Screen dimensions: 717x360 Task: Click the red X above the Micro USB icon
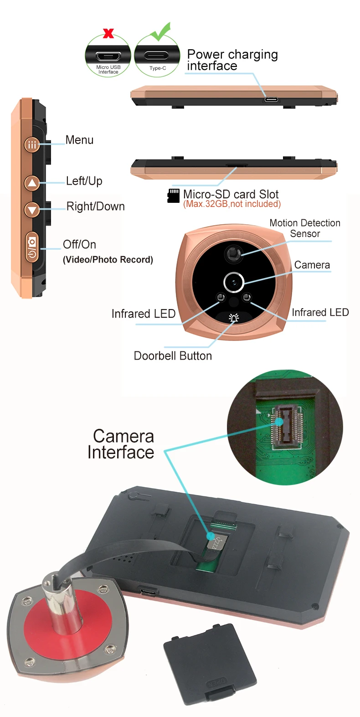coord(108,33)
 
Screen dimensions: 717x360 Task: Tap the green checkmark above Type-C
coord(161,32)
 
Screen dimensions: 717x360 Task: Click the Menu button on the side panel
coord(32,145)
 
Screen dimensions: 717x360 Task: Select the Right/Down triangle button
coord(32,210)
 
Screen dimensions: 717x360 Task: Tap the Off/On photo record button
coord(32,248)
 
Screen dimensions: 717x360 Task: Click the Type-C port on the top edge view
coord(272,99)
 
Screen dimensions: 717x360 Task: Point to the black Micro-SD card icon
coord(174,196)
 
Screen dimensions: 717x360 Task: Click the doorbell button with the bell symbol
coord(234,318)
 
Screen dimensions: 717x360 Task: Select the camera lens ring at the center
coord(234,282)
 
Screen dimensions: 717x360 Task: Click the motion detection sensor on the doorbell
coord(234,253)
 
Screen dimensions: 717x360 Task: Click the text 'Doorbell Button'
coord(173,356)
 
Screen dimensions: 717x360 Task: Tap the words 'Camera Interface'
coord(121,444)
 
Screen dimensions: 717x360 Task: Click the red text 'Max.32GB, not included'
coord(232,204)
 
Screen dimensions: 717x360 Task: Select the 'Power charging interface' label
coord(232,60)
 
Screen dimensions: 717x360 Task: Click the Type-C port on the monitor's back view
coord(148,592)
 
